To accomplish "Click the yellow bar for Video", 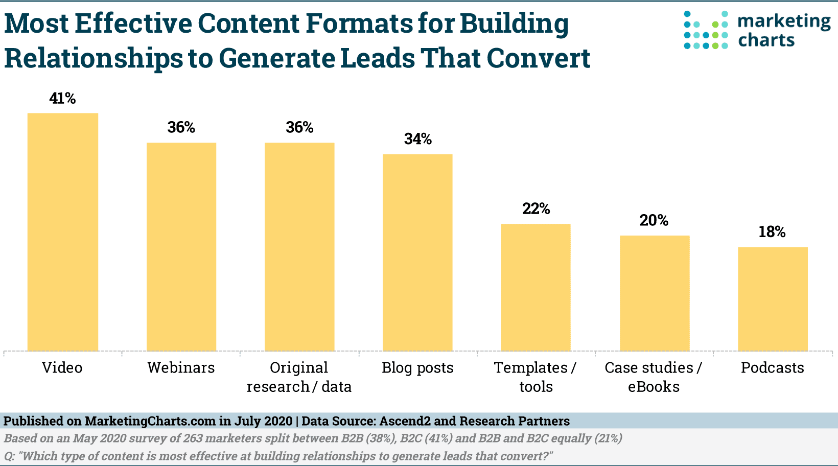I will point(62,232).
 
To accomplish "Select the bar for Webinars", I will point(181,247).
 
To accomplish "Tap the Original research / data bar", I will point(299,247).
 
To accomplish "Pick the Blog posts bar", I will point(417,252).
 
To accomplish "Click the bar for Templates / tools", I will point(536,287).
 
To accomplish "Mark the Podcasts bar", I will point(773,299).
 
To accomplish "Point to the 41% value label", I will point(62,98).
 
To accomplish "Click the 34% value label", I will point(417,139).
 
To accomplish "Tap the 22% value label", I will point(536,208).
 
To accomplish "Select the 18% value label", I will point(772,232).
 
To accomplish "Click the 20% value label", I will point(654,220).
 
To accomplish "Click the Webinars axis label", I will point(181,368).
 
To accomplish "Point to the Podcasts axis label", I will point(772,368).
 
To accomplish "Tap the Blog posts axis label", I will point(417,368).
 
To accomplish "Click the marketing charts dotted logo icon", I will point(706,30).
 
